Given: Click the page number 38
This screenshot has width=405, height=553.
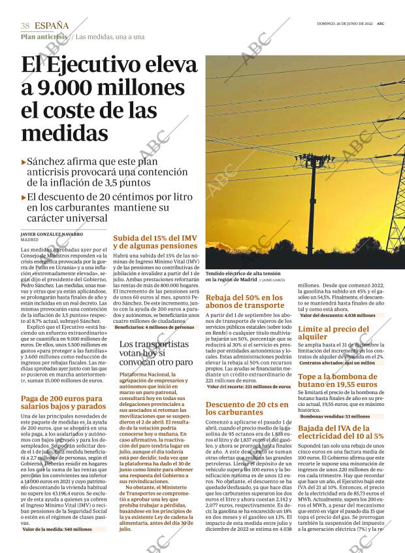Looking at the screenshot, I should [x=25, y=25].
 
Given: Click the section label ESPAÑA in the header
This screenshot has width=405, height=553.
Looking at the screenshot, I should [x=52, y=25].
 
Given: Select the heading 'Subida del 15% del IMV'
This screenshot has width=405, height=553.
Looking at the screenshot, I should [x=155, y=242].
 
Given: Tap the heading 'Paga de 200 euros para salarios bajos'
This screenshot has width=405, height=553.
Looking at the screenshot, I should [x=61, y=402].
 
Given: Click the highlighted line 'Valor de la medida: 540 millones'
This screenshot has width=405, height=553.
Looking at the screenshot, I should [x=57, y=529].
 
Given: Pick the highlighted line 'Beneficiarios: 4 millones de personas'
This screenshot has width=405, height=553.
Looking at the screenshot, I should [x=154, y=327].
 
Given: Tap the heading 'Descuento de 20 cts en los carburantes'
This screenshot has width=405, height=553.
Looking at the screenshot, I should [x=247, y=408].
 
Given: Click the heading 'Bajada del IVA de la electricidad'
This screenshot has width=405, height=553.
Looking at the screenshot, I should [x=340, y=431].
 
